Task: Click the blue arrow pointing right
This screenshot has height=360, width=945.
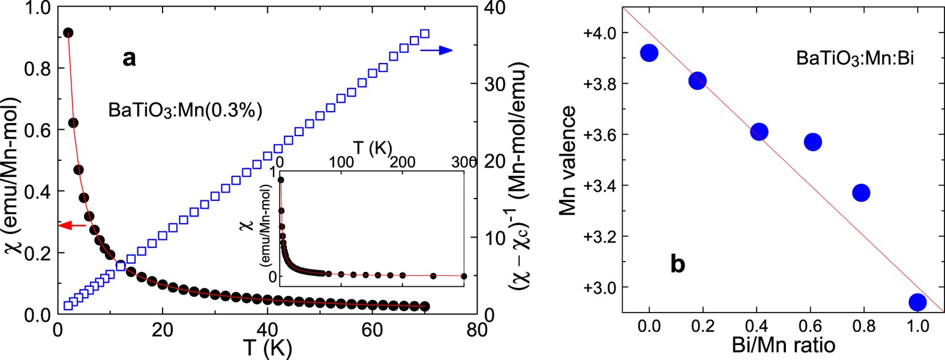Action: pyautogui.click(x=436, y=51)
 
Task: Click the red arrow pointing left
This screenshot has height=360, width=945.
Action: pyautogui.click(x=73, y=226)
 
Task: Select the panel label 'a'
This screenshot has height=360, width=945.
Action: pyautogui.click(x=129, y=58)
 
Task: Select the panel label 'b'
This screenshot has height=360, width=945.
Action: pyautogui.click(x=677, y=263)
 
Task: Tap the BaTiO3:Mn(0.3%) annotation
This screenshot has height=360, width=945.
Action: pyautogui.click(x=185, y=111)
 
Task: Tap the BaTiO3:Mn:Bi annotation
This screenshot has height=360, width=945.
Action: pyautogui.click(x=855, y=58)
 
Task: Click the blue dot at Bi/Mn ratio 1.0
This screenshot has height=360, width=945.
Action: pyautogui.click(x=917, y=302)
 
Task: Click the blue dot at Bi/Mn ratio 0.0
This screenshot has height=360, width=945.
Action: pyautogui.click(x=649, y=53)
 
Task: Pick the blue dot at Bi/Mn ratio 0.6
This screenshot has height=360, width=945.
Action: pyautogui.click(x=813, y=142)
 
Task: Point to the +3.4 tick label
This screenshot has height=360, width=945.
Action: pyautogui.click(x=599, y=185)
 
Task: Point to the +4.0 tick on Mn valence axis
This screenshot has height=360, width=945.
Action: pyautogui.click(x=599, y=32)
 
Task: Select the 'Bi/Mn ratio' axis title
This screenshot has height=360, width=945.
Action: pyautogui.click(x=783, y=345)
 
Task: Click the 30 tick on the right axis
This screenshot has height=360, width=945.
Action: pyautogui.click(x=495, y=85)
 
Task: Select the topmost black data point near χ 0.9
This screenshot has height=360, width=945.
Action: pyautogui.click(x=68, y=32)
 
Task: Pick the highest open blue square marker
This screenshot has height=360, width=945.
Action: pyautogui.click(x=425, y=34)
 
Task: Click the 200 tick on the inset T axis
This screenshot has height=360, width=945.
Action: pyautogui.click(x=402, y=162)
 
